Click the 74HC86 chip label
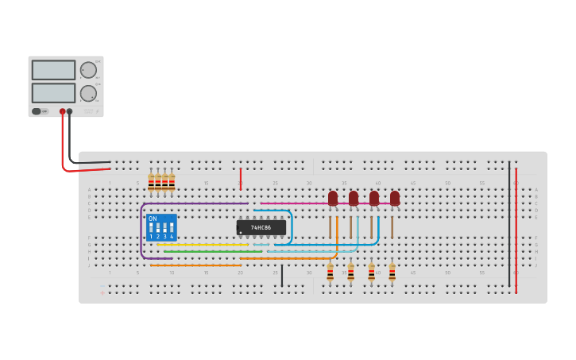tap(261, 227)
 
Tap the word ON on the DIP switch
tap(153, 219)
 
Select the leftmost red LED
tap(333, 198)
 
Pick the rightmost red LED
tap(395, 198)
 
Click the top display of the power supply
tap(53, 70)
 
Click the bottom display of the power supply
tap(53, 92)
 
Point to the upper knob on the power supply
tap(88, 70)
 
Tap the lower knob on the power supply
tap(88, 93)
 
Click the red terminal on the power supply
tap(63, 111)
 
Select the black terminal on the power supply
tap(70, 111)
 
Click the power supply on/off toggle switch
tap(37, 111)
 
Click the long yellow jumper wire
tap(203, 245)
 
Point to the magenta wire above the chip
tap(294, 203)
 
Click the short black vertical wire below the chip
tap(281, 275)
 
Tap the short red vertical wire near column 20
tap(240, 179)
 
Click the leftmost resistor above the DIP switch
tap(151, 184)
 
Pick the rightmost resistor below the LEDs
tap(392, 272)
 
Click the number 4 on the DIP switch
tap(172, 237)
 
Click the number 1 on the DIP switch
tap(151, 237)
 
